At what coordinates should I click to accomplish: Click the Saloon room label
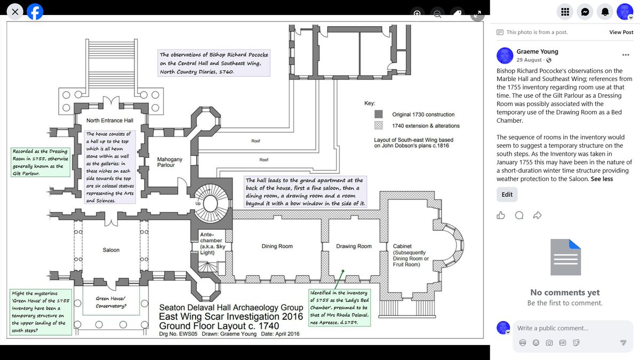pyautogui.click(x=111, y=250)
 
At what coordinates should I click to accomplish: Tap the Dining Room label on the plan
pyautogui.click(x=277, y=246)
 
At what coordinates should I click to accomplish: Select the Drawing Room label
pyautogui.click(x=354, y=246)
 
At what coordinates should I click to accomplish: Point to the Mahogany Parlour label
pyautogui.click(x=170, y=162)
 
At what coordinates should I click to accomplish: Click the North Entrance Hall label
pyautogui.click(x=110, y=121)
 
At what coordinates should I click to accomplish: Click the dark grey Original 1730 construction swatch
pyautogui.click(x=379, y=114)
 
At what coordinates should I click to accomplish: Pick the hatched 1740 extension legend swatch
pyautogui.click(x=379, y=125)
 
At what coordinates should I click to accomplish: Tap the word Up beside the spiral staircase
pyautogui.click(x=198, y=203)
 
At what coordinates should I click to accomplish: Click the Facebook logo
pyautogui.click(x=35, y=12)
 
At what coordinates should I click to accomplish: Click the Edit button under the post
pyautogui.click(x=507, y=195)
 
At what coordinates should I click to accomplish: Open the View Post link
pyautogui.click(x=621, y=33)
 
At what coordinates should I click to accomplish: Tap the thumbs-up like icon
pyautogui.click(x=501, y=215)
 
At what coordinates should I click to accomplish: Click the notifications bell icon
pyautogui.click(x=605, y=12)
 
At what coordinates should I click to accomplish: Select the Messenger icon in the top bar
pyautogui.click(x=585, y=12)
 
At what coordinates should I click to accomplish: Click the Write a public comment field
pyautogui.click(x=573, y=329)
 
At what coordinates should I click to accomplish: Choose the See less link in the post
pyautogui.click(x=602, y=179)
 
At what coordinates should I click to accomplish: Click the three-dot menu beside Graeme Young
pyautogui.click(x=626, y=55)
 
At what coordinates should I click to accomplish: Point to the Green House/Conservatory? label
pyautogui.click(x=111, y=302)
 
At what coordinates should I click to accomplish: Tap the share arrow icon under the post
pyautogui.click(x=537, y=215)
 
